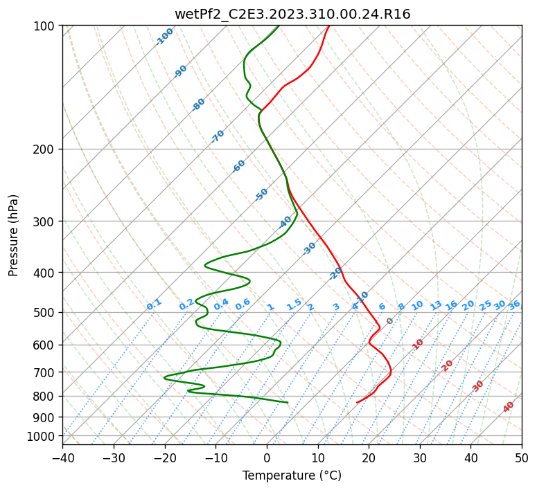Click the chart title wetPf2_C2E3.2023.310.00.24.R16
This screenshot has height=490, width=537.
(x=292, y=15)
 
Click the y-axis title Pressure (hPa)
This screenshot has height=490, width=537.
(x=13, y=235)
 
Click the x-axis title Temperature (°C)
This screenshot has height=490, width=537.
(x=292, y=475)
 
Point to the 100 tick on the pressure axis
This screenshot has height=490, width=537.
(x=44, y=26)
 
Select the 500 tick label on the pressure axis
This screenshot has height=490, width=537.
(x=44, y=313)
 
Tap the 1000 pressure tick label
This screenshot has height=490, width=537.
(x=40, y=436)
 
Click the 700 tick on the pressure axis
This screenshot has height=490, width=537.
(x=44, y=372)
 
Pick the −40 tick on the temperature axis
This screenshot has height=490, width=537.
(x=62, y=457)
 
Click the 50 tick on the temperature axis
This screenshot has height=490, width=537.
(x=522, y=457)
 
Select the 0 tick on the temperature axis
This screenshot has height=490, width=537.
(x=267, y=457)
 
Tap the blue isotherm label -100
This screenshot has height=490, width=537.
(x=164, y=37)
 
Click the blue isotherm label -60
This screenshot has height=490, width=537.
(x=238, y=166)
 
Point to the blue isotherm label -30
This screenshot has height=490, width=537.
(x=309, y=248)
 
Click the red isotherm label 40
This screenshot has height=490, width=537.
(x=508, y=407)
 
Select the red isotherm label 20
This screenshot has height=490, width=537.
(x=447, y=366)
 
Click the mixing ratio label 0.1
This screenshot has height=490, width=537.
(x=154, y=305)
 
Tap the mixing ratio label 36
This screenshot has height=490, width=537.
(x=514, y=305)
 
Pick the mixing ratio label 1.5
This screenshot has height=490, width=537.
(x=294, y=305)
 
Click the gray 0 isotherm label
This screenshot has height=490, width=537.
(x=389, y=321)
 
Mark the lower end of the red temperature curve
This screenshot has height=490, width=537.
(x=357, y=402)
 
